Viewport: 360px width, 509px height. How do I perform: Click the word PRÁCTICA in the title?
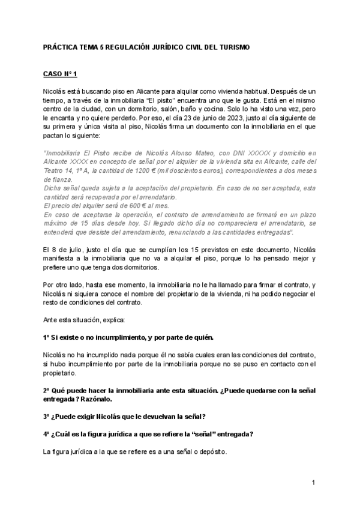coord(59,47)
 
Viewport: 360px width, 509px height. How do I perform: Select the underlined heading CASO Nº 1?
coord(61,74)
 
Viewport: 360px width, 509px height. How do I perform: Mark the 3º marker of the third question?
coord(47,417)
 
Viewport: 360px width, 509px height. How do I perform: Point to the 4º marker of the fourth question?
coord(47,435)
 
